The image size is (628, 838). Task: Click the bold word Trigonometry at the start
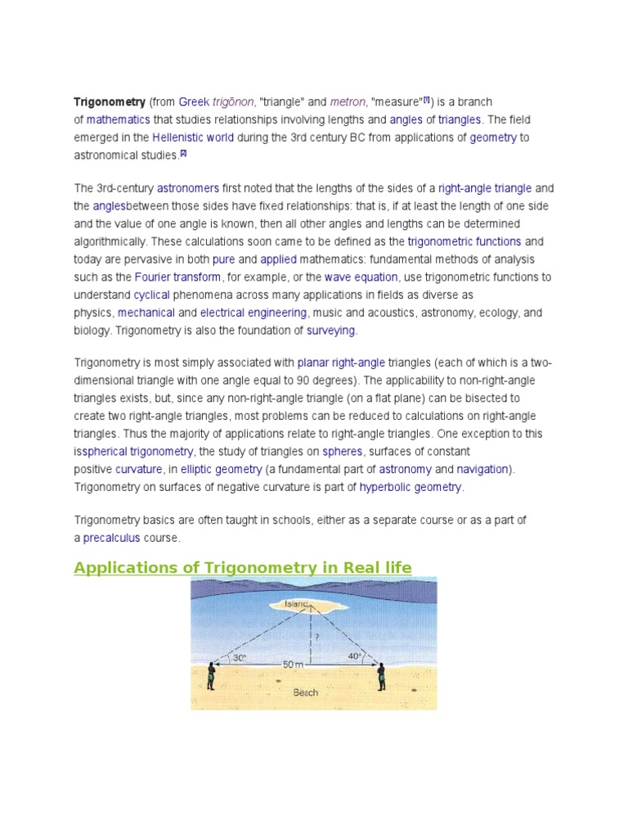coord(110,102)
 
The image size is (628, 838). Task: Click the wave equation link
coord(361,277)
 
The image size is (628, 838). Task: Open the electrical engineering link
coord(253,313)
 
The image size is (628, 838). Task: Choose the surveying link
coord(331,331)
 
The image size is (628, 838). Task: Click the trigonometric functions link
coord(464,241)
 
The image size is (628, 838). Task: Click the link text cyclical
coord(151,295)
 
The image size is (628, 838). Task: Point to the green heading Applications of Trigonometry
coord(243,568)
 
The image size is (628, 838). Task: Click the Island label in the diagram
coord(296,605)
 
